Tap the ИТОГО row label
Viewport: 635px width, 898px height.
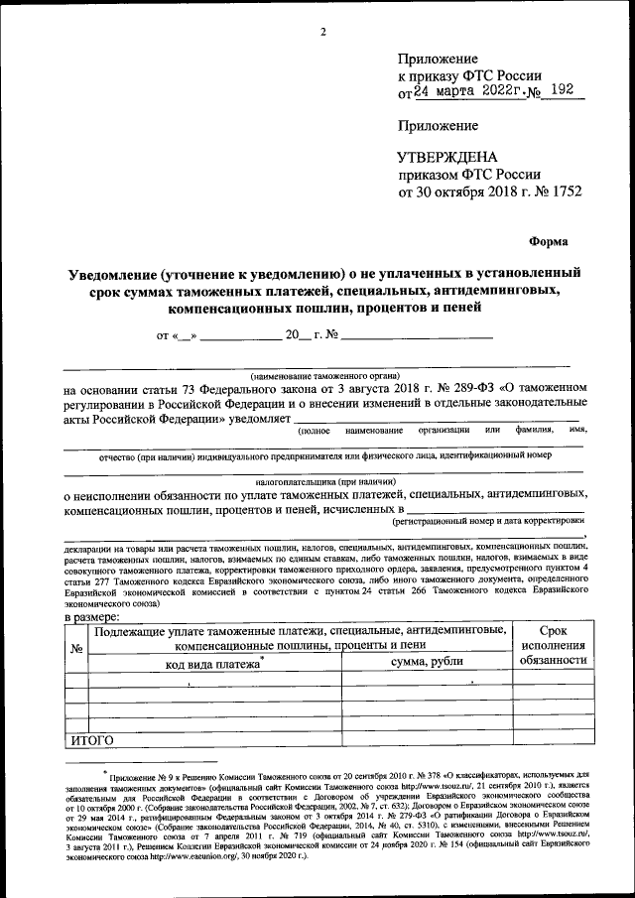pyautogui.click(x=92, y=740)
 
